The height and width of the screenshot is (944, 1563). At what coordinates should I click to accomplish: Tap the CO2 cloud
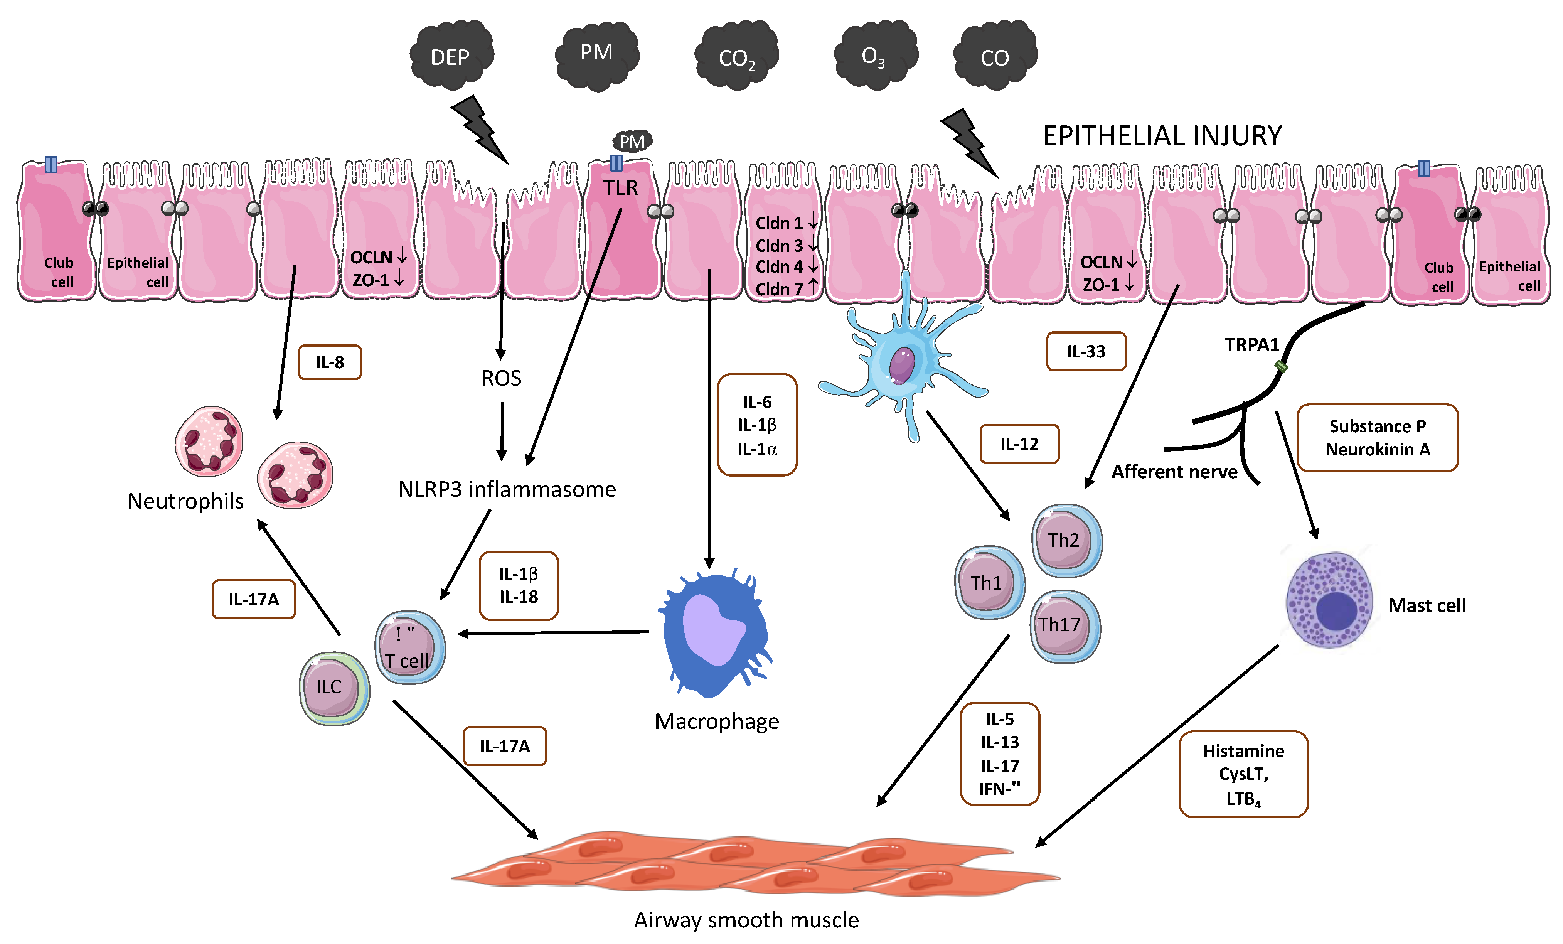pyautogui.click(x=736, y=56)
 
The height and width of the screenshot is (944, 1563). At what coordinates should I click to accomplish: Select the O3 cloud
pyautogui.click(x=876, y=54)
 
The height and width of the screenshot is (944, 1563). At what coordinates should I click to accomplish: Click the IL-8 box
pyautogui.click(x=330, y=362)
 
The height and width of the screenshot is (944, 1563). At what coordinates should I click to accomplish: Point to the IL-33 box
pyautogui.click(x=1086, y=351)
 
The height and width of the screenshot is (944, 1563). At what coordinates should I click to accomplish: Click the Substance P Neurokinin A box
pyautogui.click(x=1378, y=438)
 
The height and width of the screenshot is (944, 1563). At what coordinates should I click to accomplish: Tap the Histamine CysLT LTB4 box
pyautogui.click(x=1243, y=774)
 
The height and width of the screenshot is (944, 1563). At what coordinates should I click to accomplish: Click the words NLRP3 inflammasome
pyautogui.click(x=507, y=489)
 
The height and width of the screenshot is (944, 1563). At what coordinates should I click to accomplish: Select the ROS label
pyautogui.click(x=501, y=378)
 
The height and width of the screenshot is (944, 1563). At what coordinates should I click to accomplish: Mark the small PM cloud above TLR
pyautogui.click(x=632, y=141)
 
